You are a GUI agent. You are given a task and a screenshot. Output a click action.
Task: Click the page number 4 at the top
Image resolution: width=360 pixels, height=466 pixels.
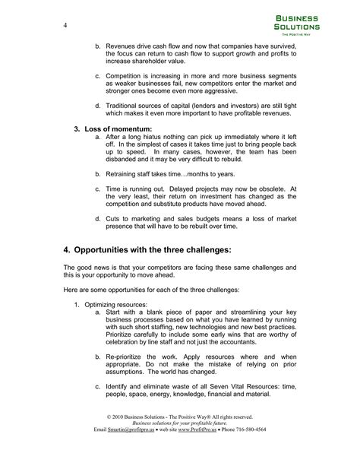click(x=66, y=26)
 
